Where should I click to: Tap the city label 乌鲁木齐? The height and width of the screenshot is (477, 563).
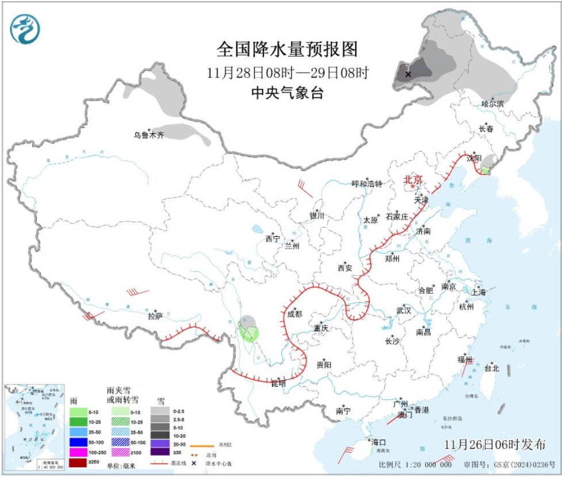click(149, 136)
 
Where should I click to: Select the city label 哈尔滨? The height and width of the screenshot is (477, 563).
click(492, 104)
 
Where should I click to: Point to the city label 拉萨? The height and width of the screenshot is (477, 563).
click(155, 316)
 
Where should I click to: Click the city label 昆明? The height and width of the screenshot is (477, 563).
click(278, 383)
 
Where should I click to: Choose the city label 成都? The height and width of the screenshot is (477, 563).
click(294, 314)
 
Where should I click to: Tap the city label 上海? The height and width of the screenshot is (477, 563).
click(478, 292)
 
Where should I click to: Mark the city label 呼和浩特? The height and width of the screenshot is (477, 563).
click(367, 184)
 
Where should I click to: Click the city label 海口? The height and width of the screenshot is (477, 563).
click(378, 442)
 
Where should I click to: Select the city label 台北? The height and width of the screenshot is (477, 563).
click(492, 368)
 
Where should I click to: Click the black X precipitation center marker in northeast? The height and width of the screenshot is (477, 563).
click(408, 74)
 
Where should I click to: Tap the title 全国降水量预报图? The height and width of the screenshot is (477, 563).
click(287, 49)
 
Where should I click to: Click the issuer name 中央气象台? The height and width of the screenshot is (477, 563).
click(287, 93)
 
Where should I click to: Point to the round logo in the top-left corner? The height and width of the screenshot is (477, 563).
click(26, 29)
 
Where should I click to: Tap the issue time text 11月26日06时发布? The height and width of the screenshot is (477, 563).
click(495, 444)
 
